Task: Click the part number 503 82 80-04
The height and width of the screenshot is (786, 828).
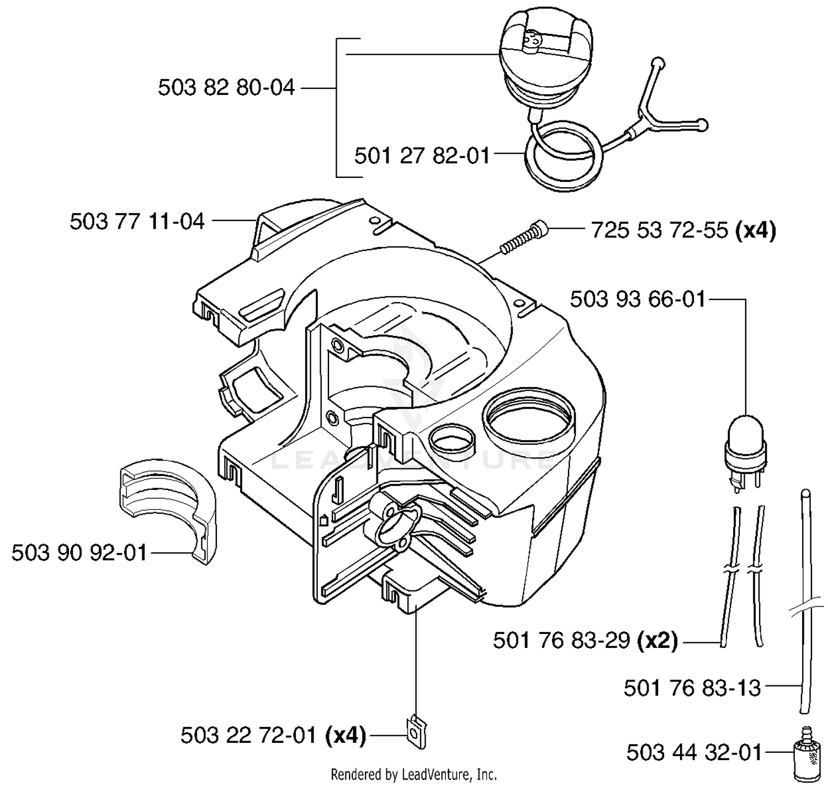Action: tap(226, 88)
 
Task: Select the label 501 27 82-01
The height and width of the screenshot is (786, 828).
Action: tap(422, 156)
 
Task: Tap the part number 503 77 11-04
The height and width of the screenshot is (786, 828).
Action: tap(137, 221)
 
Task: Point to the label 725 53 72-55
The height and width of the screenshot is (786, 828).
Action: tap(660, 230)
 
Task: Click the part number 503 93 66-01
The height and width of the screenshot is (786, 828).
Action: tap(638, 299)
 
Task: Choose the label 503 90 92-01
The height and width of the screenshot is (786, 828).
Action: tap(79, 552)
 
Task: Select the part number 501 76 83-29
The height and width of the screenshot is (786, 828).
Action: tap(561, 641)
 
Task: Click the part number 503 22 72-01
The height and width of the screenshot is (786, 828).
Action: tap(248, 736)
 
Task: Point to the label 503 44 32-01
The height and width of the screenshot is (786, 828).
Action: tap(694, 753)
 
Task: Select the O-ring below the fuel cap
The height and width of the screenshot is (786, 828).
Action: tap(564, 158)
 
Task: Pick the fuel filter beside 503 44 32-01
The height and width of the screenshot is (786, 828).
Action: tap(806, 755)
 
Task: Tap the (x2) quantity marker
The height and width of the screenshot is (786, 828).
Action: tap(657, 641)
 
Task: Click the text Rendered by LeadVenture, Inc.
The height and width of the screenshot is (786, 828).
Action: tap(414, 774)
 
